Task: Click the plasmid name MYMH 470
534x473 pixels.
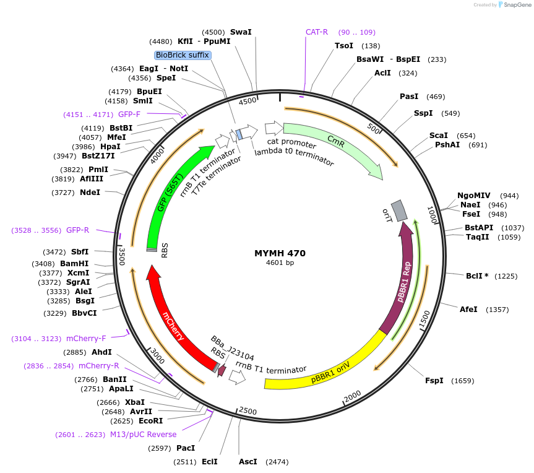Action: coord(280,253)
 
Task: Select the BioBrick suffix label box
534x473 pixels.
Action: coord(183,55)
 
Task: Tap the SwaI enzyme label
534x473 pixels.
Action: coord(241,32)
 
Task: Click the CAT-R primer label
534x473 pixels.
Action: coord(317,32)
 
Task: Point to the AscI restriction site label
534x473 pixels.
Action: coord(248,462)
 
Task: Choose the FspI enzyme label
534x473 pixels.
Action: coord(434,381)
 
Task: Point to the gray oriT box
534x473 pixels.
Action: coord(399,210)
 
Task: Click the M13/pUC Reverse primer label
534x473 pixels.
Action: coord(144,434)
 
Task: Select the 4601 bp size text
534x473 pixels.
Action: coord(280,263)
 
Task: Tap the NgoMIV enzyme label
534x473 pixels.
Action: coord(473,195)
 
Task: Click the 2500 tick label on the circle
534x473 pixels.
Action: coord(248,411)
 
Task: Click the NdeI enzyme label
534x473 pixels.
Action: coord(90,193)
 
